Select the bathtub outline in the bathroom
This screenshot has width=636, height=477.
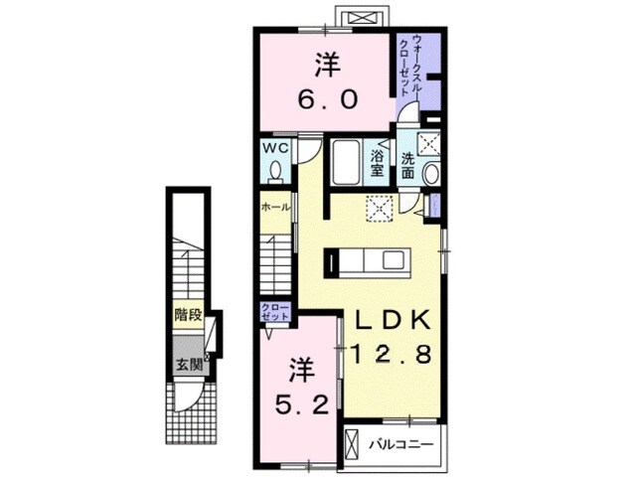click(x=347, y=162)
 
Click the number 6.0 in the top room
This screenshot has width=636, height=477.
click(x=329, y=100)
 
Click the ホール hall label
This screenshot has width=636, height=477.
click(x=273, y=208)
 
